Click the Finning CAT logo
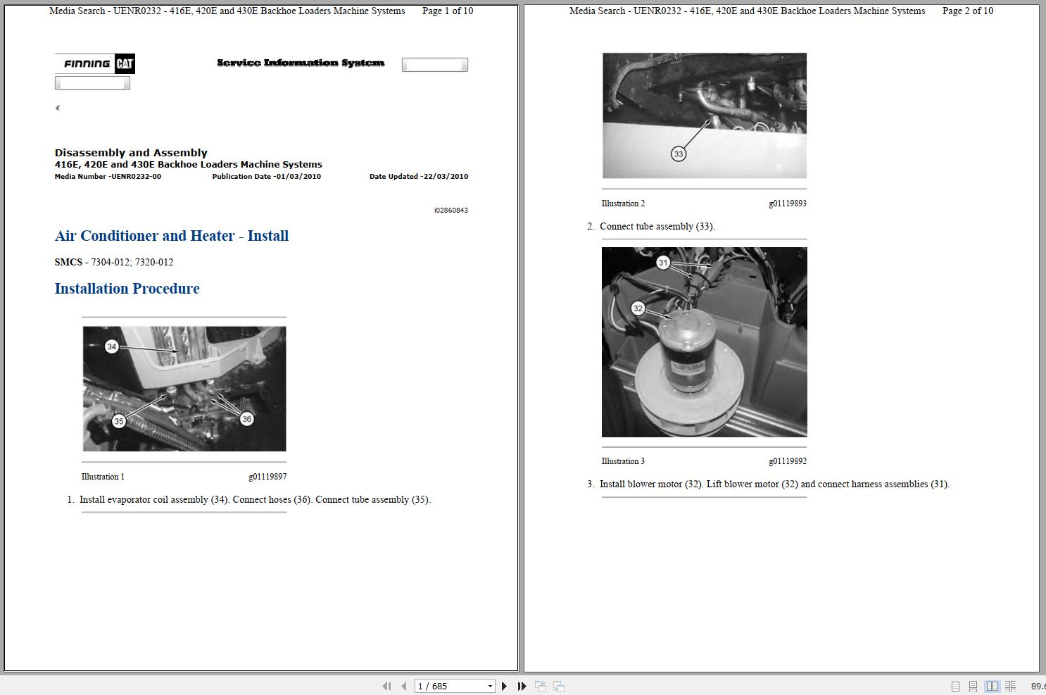click(95, 63)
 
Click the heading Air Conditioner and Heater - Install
click(172, 236)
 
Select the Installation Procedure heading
click(127, 289)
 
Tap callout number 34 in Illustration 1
click(112, 346)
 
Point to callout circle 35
click(119, 421)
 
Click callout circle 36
click(246, 419)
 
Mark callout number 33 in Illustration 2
click(679, 154)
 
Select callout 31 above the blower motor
click(663, 263)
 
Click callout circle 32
click(638, 308)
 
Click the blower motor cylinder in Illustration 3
click(686, 352)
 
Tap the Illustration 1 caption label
click(103, 477)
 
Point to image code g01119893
click(788, 204)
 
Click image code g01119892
click(788, 461)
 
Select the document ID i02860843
click(450, 211)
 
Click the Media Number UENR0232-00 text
click(108, 177)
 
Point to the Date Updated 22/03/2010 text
click(419, 177)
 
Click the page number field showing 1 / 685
click(450, 686)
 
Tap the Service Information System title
click(301, 63)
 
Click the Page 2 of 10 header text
click(968, 11)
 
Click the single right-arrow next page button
click(504, 686)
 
